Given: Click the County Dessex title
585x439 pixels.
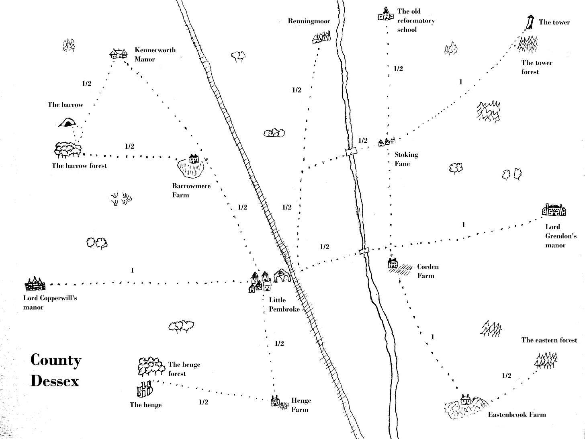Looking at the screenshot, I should (x=55, y=370).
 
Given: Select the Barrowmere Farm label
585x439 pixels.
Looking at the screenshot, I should (x=191, y=191).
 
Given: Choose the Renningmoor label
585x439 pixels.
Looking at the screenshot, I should (x=309, y=21).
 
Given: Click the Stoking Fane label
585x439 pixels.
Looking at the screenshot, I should (x=406, y=159).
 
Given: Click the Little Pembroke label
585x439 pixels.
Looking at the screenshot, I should (x=284, y=304).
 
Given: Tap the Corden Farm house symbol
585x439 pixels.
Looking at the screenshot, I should (x=393, y=264).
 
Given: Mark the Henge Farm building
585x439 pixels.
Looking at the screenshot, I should (x=275, y=401).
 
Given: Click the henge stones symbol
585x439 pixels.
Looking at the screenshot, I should (x=144, y=389).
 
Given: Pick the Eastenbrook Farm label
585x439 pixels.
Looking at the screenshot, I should (x=517, y=414).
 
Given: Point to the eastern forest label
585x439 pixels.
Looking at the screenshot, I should (x=549, y=340).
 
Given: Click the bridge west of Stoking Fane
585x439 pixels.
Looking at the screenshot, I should (x=351, y=152).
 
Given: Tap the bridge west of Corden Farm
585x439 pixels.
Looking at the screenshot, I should (x=364, y=251).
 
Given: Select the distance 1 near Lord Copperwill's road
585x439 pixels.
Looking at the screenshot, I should (x=132, y=271).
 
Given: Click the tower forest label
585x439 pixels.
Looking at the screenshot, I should (x=536, y=67).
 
